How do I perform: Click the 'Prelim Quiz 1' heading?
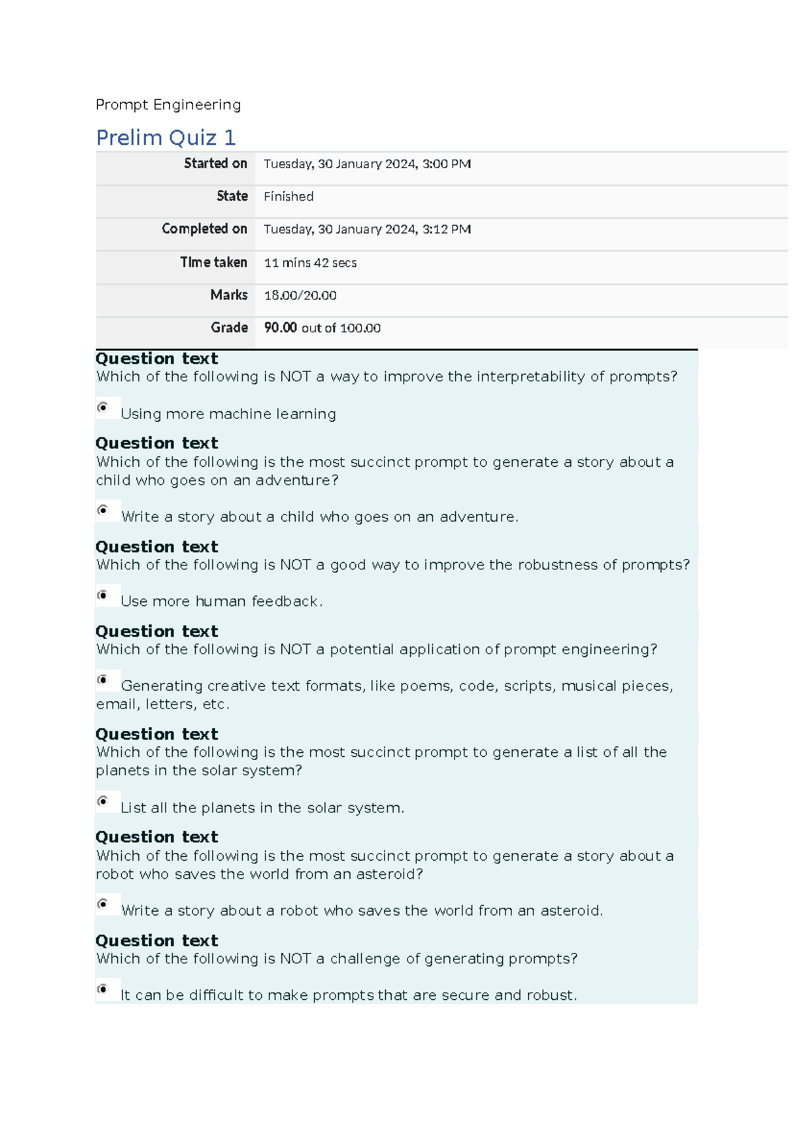165,138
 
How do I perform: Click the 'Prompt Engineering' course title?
168,105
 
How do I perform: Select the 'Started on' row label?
215,164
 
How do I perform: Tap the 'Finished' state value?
288,197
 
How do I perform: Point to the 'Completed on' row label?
204,229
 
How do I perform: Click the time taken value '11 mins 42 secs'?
310,263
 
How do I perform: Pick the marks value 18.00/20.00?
300,295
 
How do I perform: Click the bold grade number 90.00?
280,328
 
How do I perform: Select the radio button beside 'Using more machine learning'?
103,407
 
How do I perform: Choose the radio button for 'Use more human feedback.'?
103,595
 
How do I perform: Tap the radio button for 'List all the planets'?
103,801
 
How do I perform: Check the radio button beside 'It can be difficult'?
103,989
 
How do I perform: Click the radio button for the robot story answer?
103,904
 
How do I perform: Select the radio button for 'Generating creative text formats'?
103,679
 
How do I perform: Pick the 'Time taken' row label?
213,263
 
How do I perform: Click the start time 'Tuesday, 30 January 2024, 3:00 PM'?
367,164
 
